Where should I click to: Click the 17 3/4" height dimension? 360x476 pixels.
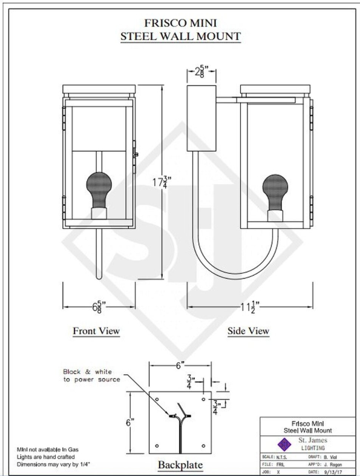(160, 182)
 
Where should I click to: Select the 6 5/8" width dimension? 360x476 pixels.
(99, 307)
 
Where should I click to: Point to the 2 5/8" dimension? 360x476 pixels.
(201, 72)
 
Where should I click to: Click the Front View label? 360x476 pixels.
(96, 331)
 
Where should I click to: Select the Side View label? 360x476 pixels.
(249, 331)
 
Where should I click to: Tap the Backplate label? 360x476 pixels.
(180, 464)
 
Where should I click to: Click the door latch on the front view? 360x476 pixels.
(136, 155)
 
